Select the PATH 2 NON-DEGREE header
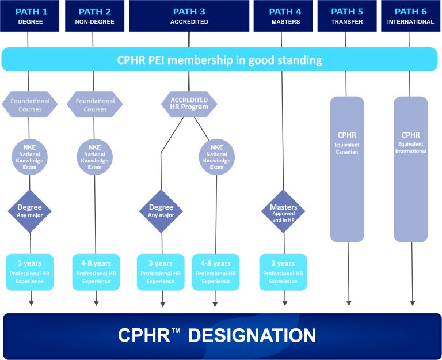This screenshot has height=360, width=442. pyautogui.click(x=94, y=16)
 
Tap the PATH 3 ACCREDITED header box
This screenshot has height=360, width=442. pyautogui.click(x=189, y=16)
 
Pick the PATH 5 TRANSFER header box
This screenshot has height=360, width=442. pyautogui.click(x=347, y=16)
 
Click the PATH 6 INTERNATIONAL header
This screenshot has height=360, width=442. pyautogui.click(x=411, y=16)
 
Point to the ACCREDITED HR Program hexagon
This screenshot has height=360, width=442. pyautogui.click(x=189, y=104)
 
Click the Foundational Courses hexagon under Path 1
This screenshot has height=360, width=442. pyautogui.click(x=30, y=105)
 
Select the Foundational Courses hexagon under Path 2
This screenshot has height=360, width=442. pyautogui.click(x=95, y=105)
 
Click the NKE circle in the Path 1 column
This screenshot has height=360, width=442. pyautogui.click(x=30, y=156)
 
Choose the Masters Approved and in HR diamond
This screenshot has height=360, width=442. pyautogui.click(x=283, y=211)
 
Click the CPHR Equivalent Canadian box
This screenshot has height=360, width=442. pyautogui.click(x=347, y=169)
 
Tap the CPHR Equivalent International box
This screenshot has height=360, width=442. pyautogui.click(x=411, y=169)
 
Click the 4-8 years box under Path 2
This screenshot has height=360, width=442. pyautogui.click(x=96, y=272)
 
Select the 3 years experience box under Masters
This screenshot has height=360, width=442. pyautogui.click(x=283, y=272)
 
